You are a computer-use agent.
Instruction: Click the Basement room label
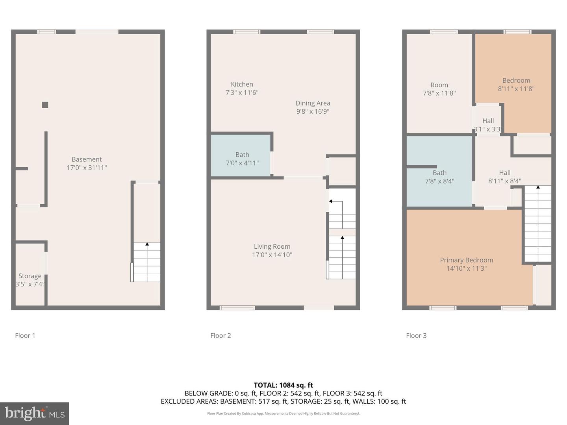tap(87, 159)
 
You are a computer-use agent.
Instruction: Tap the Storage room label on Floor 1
tap(30, 276)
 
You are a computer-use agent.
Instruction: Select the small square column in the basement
tap(45, 105)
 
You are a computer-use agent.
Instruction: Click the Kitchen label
tap(242, 84)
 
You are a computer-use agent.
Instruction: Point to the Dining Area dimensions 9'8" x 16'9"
tap(313, 111)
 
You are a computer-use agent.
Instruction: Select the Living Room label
tap(272, 247)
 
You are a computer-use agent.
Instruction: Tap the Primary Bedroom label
tap(466, 260)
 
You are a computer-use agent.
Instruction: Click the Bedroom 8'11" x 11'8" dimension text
tap(516, 89)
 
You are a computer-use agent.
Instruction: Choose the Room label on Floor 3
tap(439, 85)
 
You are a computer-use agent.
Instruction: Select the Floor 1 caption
tap(25, 336)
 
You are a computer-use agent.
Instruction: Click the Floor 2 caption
tap(220, 336)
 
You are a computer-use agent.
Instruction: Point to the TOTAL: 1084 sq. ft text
tap(283, 385)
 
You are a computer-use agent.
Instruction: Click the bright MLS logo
tap(35, 413)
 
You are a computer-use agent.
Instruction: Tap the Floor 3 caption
tap(416, 336)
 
